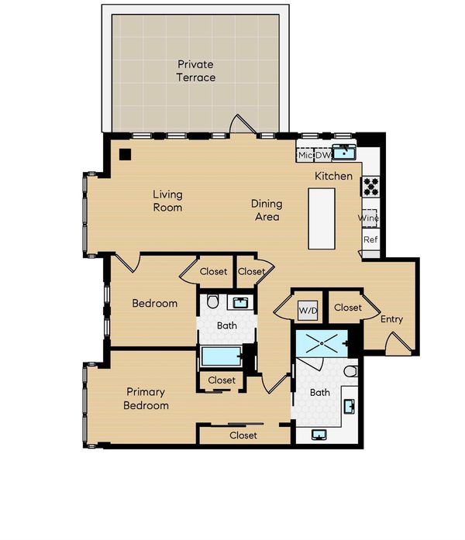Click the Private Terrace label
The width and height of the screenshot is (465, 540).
(x=195, y=71)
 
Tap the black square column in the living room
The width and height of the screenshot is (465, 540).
(x=125, y=155)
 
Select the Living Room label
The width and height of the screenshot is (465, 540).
(x=167, y=201)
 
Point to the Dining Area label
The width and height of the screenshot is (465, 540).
(x=267, y=210)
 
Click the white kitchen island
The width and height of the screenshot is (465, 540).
(x=322, y=218)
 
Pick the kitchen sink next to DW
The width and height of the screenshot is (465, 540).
(x=344, y=152)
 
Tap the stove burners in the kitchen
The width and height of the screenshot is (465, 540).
(x=370, y=186)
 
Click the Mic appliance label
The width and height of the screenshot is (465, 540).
(x=305, y=155)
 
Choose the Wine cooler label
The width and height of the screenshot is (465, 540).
(x=368, y=218)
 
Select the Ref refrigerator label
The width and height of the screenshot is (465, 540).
(x=370, y=239)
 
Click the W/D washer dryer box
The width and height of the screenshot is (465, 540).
(x=308, y=311)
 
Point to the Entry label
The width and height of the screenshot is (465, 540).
(x=391, y=319)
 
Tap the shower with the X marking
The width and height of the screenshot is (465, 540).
(x=322, y=343)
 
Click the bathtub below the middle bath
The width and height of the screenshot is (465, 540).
(x=221, y=356)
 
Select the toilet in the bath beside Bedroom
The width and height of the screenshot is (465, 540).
(x=212, y=301)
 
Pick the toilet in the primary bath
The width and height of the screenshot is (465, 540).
(x=350, y=371)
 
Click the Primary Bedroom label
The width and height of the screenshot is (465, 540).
(x=146, y=398)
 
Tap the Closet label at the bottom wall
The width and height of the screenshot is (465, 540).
(x=243, y=435)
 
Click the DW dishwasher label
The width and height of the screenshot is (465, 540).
(x=322, y=155)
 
